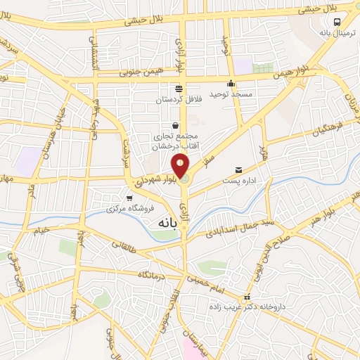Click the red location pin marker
coord(181,165)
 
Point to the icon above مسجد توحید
coord(231,84)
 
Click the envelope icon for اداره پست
coord(239,170)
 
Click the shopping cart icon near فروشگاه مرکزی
coord(129,198)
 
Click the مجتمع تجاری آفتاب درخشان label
coord(174,141)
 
